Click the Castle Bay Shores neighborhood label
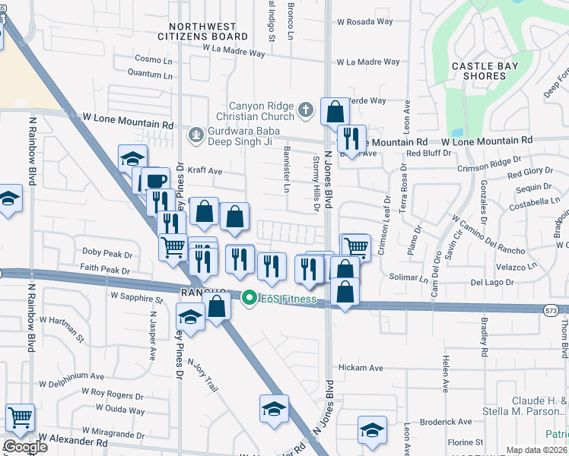click(485, 71)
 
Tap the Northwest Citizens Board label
click(202, 30)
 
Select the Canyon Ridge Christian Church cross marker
click(305, 110)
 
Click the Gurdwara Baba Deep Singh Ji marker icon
click(195, 135)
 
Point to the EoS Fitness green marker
click(248, 299)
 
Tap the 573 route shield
click(553, 309)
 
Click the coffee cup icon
click(156, 180)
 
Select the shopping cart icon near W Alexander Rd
click(20, 416)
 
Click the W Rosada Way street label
click(365, 22)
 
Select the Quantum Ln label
click(150, 74)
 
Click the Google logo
click(24, 447)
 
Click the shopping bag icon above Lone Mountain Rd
click(335, 113)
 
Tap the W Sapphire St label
click(137, 297)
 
